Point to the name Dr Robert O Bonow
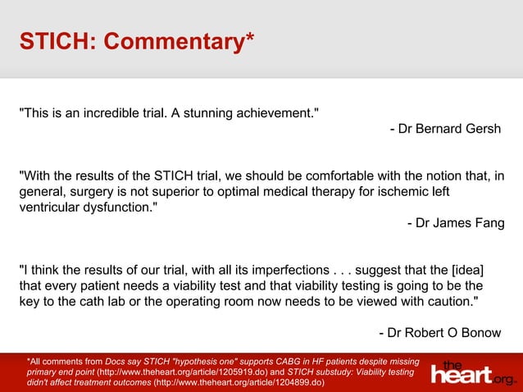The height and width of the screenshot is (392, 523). point(439,332)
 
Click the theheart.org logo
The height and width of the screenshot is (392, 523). point(474,373)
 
